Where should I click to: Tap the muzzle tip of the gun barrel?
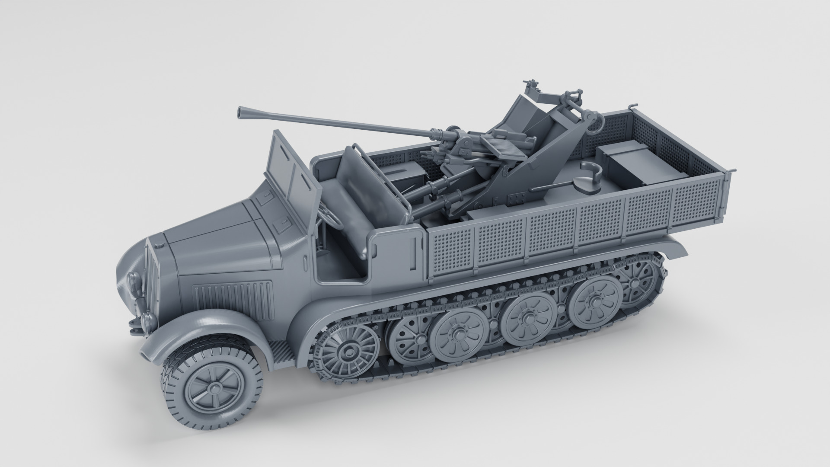tap(239, 112)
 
